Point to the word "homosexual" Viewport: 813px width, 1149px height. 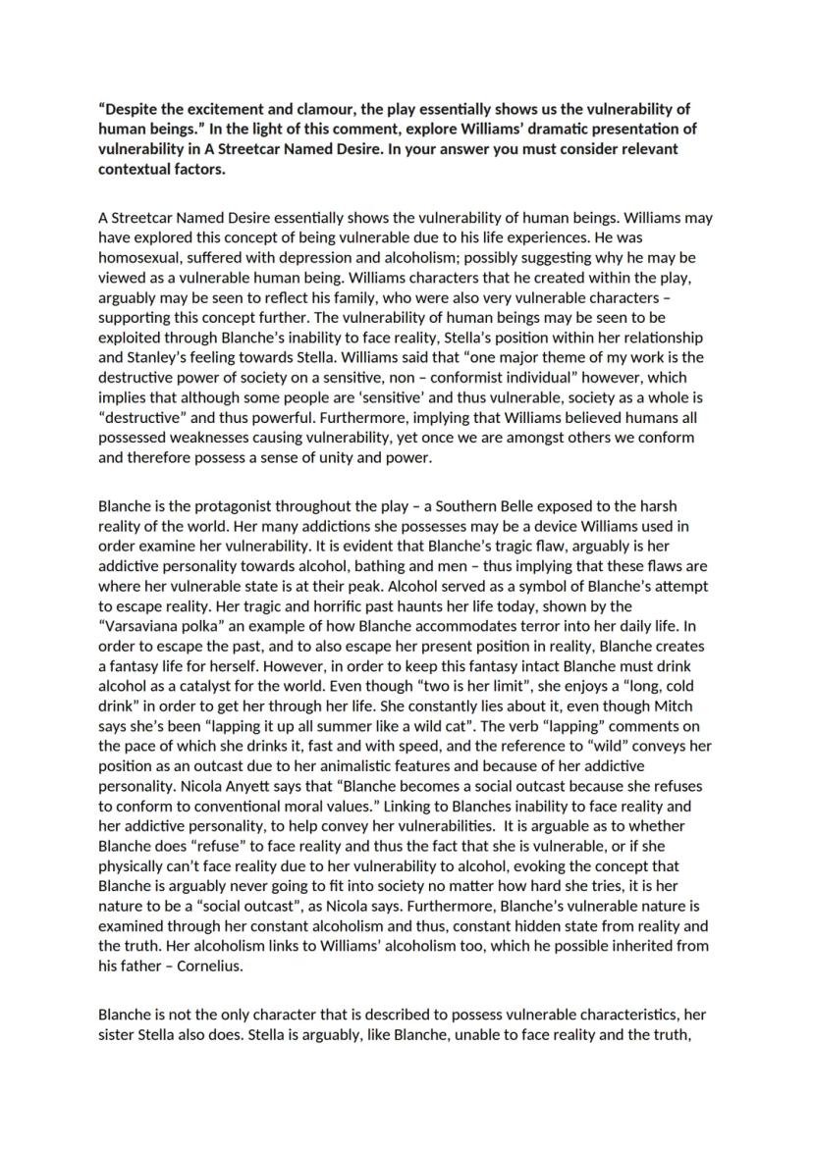coord(138,257)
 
